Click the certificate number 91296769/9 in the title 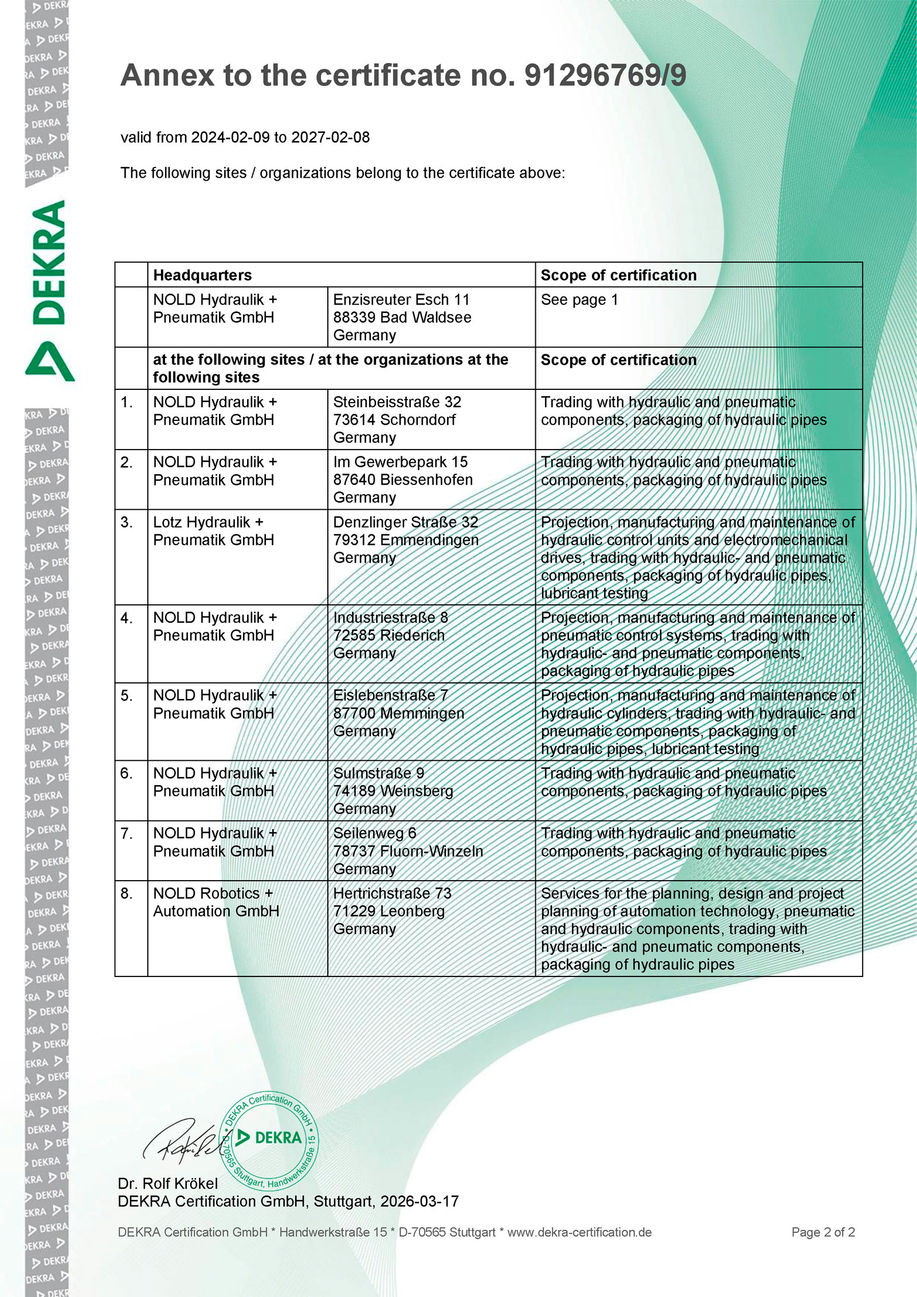coord(605,76)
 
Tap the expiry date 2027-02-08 coord(331,138)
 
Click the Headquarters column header coord(202,275)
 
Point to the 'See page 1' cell coord(579,300)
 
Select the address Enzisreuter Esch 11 coord(401,300)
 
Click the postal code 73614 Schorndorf coord(394,420)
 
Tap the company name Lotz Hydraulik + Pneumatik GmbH coord(213,531)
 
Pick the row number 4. coord(127,618)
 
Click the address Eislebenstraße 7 coord(390,696)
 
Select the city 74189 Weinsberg coord(393,791)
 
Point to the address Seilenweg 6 coord(375,833)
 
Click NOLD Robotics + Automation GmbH coord(215,902)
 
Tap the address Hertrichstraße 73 coord(392,893)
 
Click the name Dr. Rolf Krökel coord(168,1183)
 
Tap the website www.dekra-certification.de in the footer coord(579,1232)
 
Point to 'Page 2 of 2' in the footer coord(823,1232)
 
